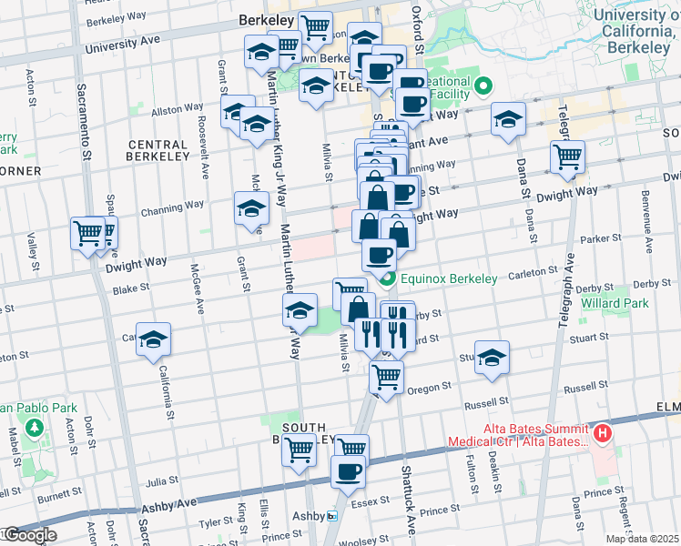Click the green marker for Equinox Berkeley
(388, 278)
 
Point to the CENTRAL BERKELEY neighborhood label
(158, 150)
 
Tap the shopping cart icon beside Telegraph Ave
(568, 157)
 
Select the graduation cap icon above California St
(154, 339)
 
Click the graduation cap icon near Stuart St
(492, 357)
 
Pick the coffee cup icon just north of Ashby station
(348, 471)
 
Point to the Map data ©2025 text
(642, 539)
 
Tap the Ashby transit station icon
(333, 516)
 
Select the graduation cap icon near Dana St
(508, 119)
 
